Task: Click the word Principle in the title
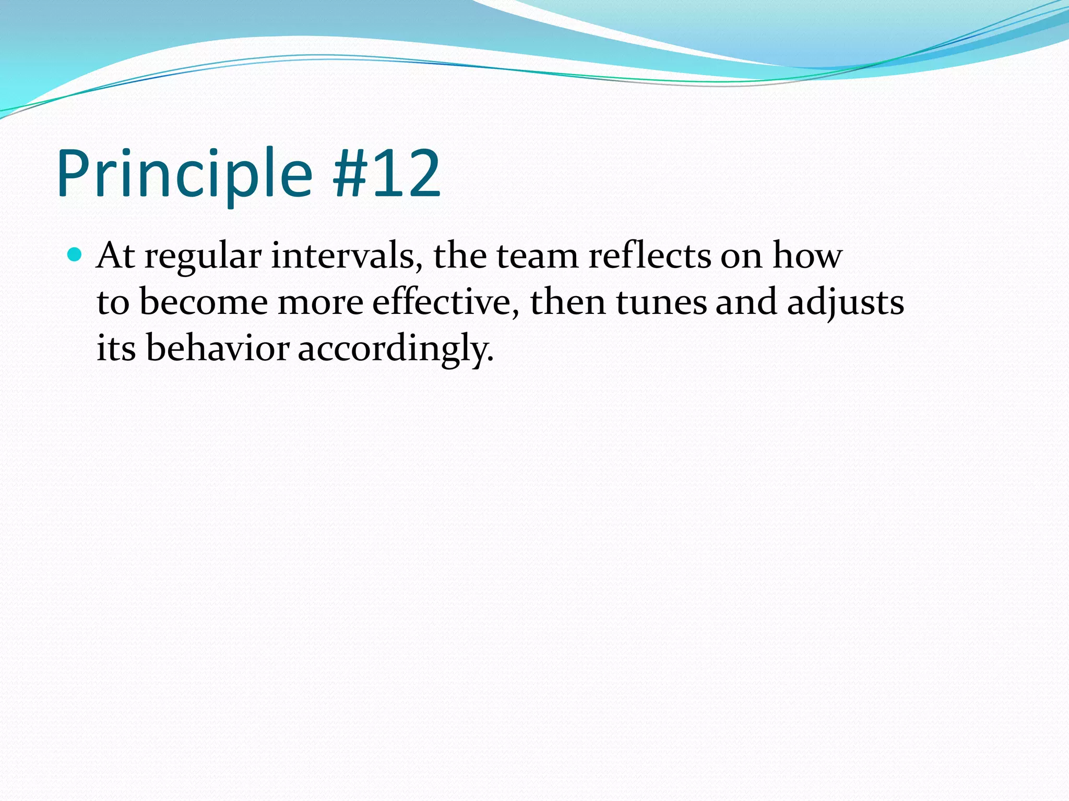tap(184, 174)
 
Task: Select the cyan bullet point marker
tap(75, 255)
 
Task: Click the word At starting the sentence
tap(115, 256)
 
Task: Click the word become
tap(204, 302)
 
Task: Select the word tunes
tap(661, 302)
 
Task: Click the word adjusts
tap(845, 303)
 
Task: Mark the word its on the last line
tap(116, 348)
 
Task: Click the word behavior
tap(218, 348)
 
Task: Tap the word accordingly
tap(395, 349)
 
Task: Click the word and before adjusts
tap(746, 302)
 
